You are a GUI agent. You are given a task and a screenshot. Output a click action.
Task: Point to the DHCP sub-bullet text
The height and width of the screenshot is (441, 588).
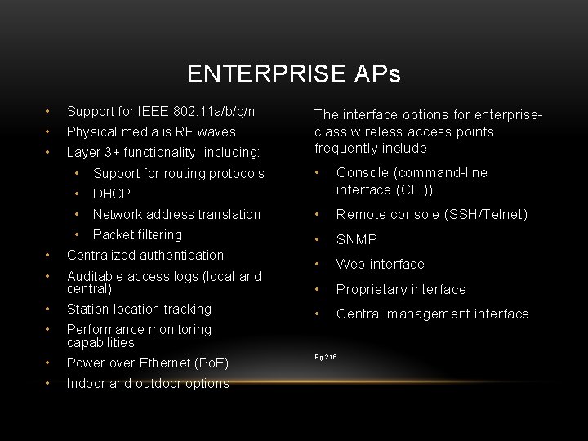point(112,194)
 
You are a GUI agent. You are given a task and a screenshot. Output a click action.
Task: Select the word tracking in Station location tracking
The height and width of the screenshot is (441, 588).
point(187,309)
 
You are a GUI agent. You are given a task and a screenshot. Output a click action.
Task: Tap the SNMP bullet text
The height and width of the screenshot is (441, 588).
point(357,239)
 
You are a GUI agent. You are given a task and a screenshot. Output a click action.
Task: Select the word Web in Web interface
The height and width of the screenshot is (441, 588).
point(350,264)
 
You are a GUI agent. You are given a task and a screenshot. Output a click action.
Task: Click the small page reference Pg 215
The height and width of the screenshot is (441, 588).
point(326,357)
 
